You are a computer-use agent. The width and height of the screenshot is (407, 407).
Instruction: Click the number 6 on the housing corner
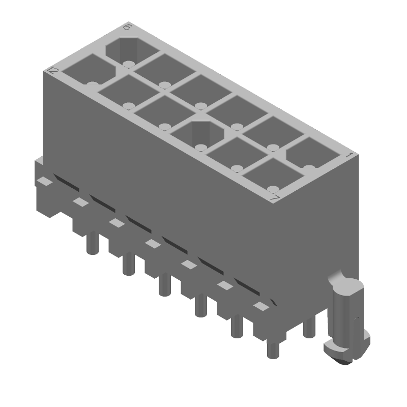pos(127,27)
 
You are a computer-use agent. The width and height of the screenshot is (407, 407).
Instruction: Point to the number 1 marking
pos(350,155)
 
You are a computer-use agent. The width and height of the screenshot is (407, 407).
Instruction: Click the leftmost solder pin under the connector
pos(92,241)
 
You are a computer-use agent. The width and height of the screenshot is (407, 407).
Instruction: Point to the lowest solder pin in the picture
pos(273,350)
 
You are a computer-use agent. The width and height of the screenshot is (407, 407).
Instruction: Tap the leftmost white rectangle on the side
pos(45,181)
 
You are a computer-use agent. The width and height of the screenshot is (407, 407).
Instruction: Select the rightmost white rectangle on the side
pos(260,306)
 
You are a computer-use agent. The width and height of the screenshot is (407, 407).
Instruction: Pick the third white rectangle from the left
pos(117,222)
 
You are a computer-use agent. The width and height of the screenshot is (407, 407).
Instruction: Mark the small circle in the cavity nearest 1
pos(309,166)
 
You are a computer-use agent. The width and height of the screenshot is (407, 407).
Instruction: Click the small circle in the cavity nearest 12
pos(92,84)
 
